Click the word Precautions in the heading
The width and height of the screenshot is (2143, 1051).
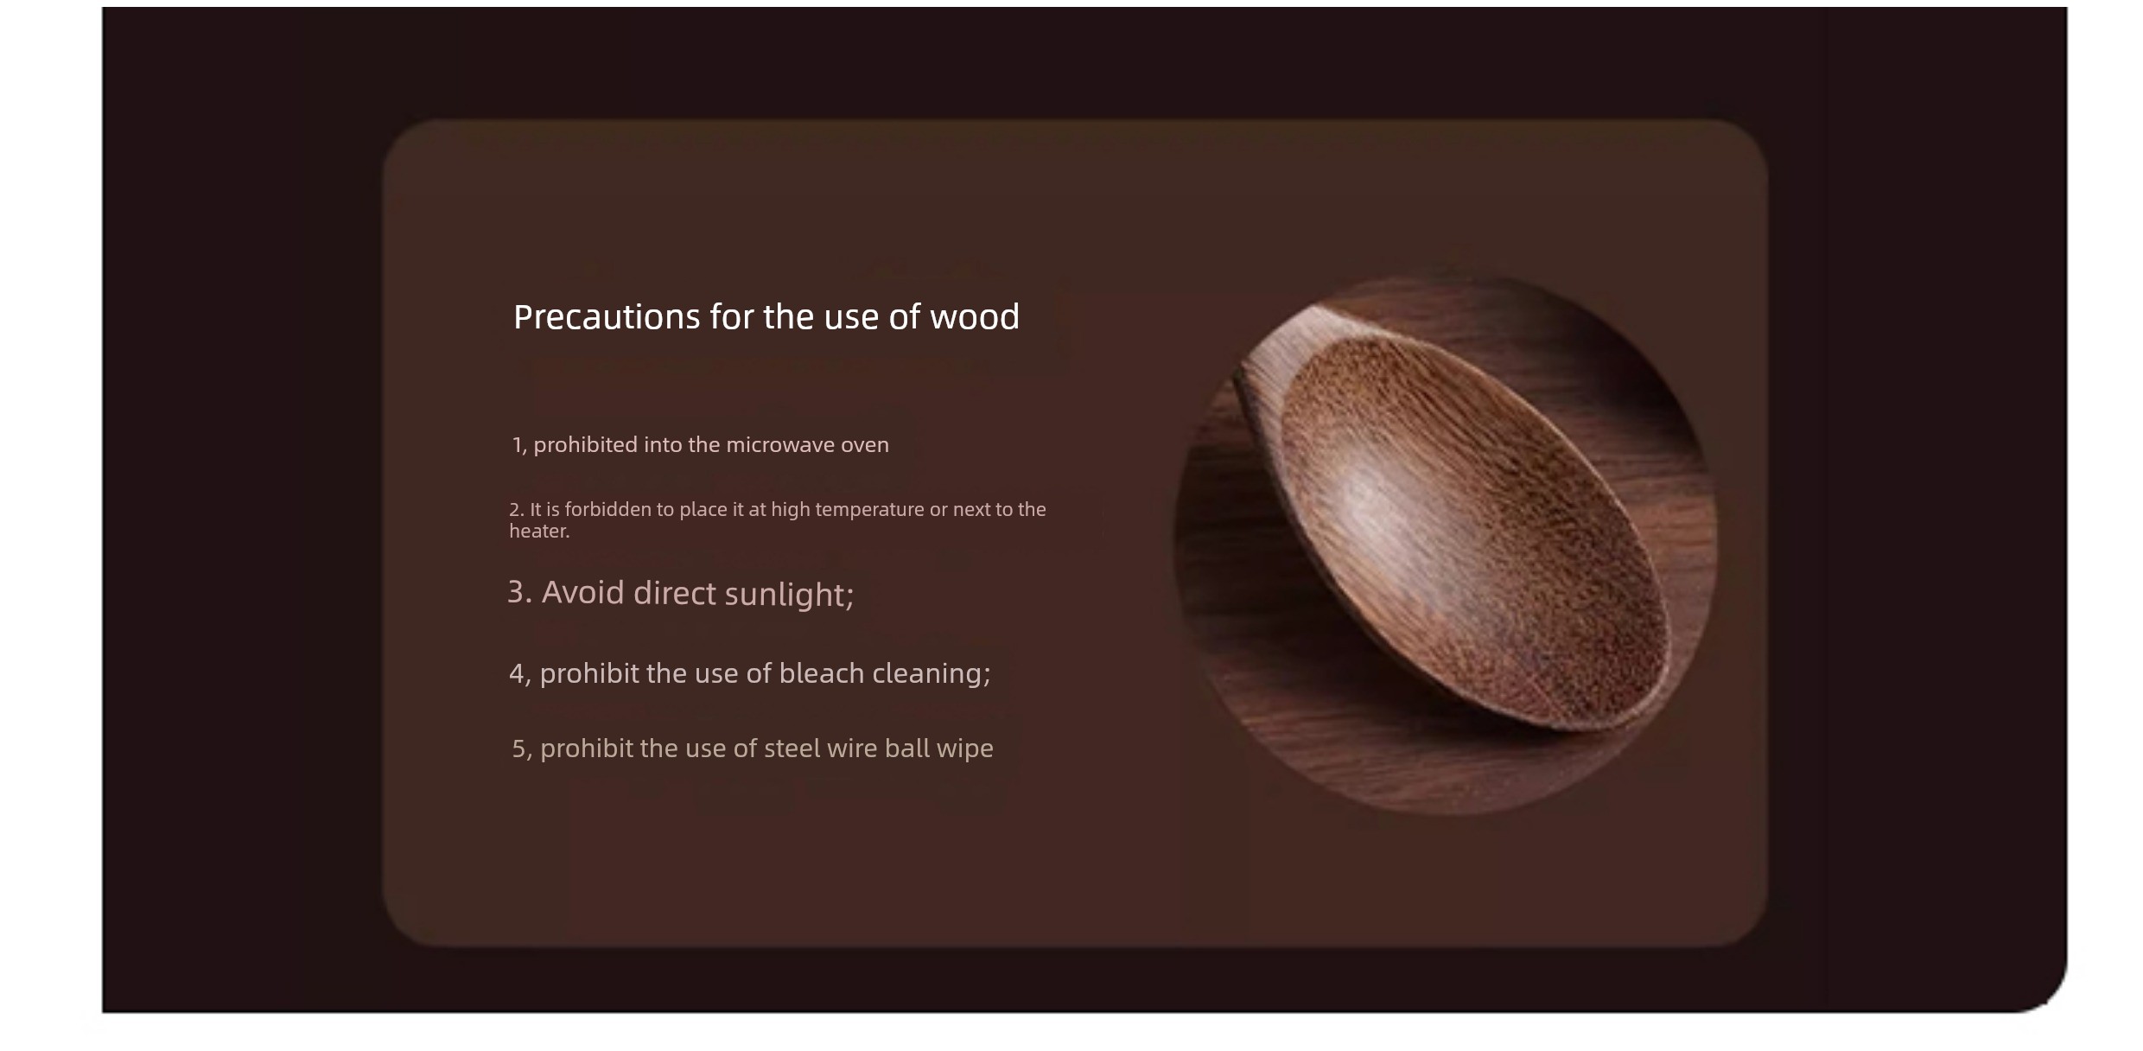pyautogui.click(x=607, y=317)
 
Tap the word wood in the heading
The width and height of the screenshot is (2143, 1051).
pyautogui.click(x=974, y=317)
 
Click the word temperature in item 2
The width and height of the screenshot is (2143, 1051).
pyautogui.click(x=869, y=510)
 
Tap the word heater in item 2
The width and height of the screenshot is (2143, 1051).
pyautogui.click(x=537, y=532)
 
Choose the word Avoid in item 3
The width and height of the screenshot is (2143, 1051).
pyautogui.click(x=582, y=593)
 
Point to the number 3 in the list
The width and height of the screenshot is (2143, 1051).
pyautogui.click(x=519, y=592)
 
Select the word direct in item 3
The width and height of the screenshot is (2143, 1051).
pyautogui.click(x=675, y=593)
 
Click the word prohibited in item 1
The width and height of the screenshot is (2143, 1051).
pyautogui.click(x=585, y=445)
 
